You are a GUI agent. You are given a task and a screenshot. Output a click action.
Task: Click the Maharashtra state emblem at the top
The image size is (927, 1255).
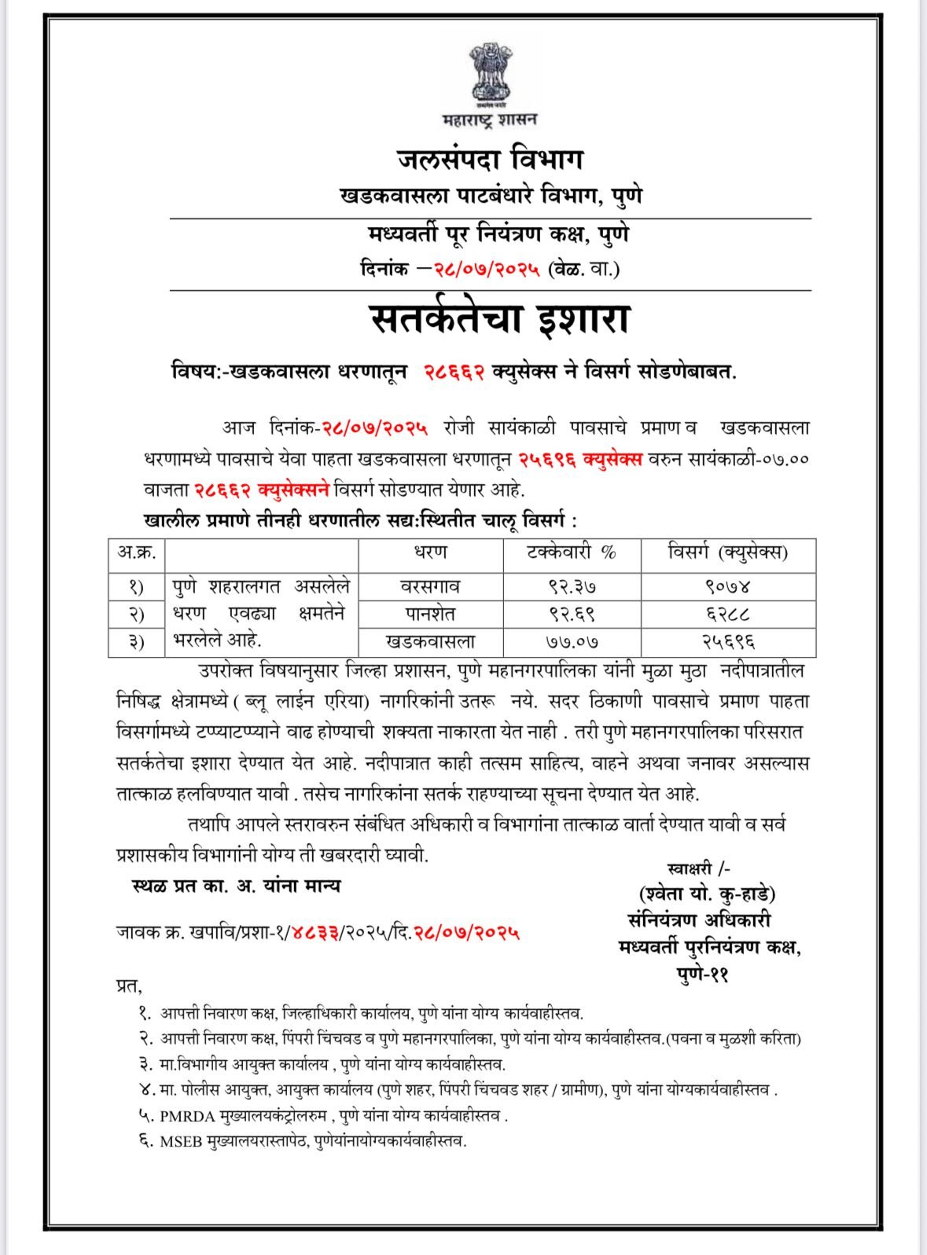click(490, 76)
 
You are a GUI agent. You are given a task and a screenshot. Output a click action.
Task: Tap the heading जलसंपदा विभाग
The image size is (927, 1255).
click(490, 160)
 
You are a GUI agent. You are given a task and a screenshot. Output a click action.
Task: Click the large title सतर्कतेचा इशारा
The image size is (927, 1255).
click(500, 319)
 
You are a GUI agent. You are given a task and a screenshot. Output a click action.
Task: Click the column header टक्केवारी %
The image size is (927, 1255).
click(572, 553)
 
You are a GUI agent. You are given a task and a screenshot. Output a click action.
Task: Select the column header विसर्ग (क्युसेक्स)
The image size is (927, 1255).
click(727, 553)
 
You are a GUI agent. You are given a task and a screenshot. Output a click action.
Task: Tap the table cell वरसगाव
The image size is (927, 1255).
click(430, 586)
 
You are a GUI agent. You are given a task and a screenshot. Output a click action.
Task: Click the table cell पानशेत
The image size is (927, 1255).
click(430, 614)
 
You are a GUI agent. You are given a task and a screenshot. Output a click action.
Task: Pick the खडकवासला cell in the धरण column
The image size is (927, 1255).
click(430, 641)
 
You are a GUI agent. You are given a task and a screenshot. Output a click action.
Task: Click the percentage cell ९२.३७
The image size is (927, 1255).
click(572, 586)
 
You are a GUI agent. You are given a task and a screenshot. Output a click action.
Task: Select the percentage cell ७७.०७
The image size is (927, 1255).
click(572, 641)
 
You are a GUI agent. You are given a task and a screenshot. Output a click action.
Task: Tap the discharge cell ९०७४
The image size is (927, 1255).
click(727, 586)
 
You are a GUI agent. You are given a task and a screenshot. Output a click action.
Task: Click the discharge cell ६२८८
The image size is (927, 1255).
click(727, 614)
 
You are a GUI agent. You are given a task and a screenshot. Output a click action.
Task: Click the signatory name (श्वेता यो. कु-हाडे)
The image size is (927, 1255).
click(708, 894)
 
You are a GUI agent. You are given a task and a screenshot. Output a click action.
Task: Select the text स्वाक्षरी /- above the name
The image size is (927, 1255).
click(698, 868)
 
